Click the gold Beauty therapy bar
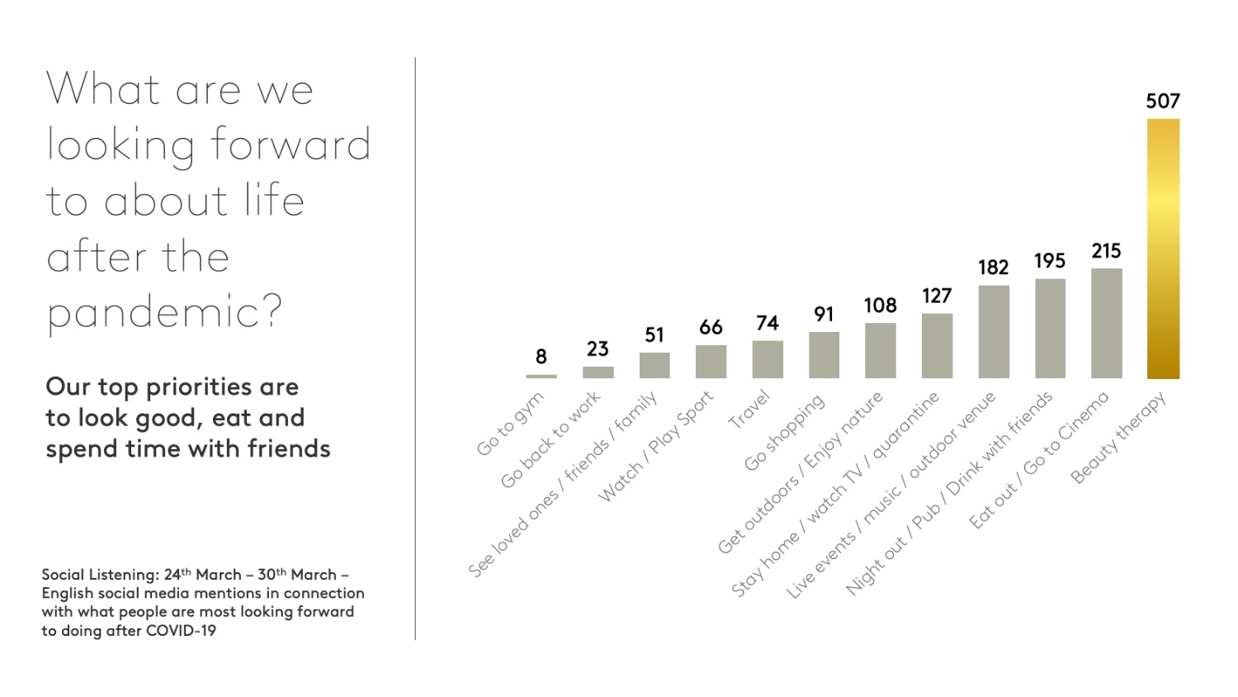click(1163, 248)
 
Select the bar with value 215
click(1106, 323)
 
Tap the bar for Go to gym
click(541, 377)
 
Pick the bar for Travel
click(768, 359)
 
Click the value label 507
click(1163, 101)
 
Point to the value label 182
click(994, 268)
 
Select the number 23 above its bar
click(598, 348)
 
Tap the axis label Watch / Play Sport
click(655, 447)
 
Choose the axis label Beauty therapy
click(1118, 438)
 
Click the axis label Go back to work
click(550, 440)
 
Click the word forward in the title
click(291, 145)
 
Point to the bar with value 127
click(937, 345)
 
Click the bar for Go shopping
click(824, 355)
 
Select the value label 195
click(1050, 261)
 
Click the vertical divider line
click(415, 347)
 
